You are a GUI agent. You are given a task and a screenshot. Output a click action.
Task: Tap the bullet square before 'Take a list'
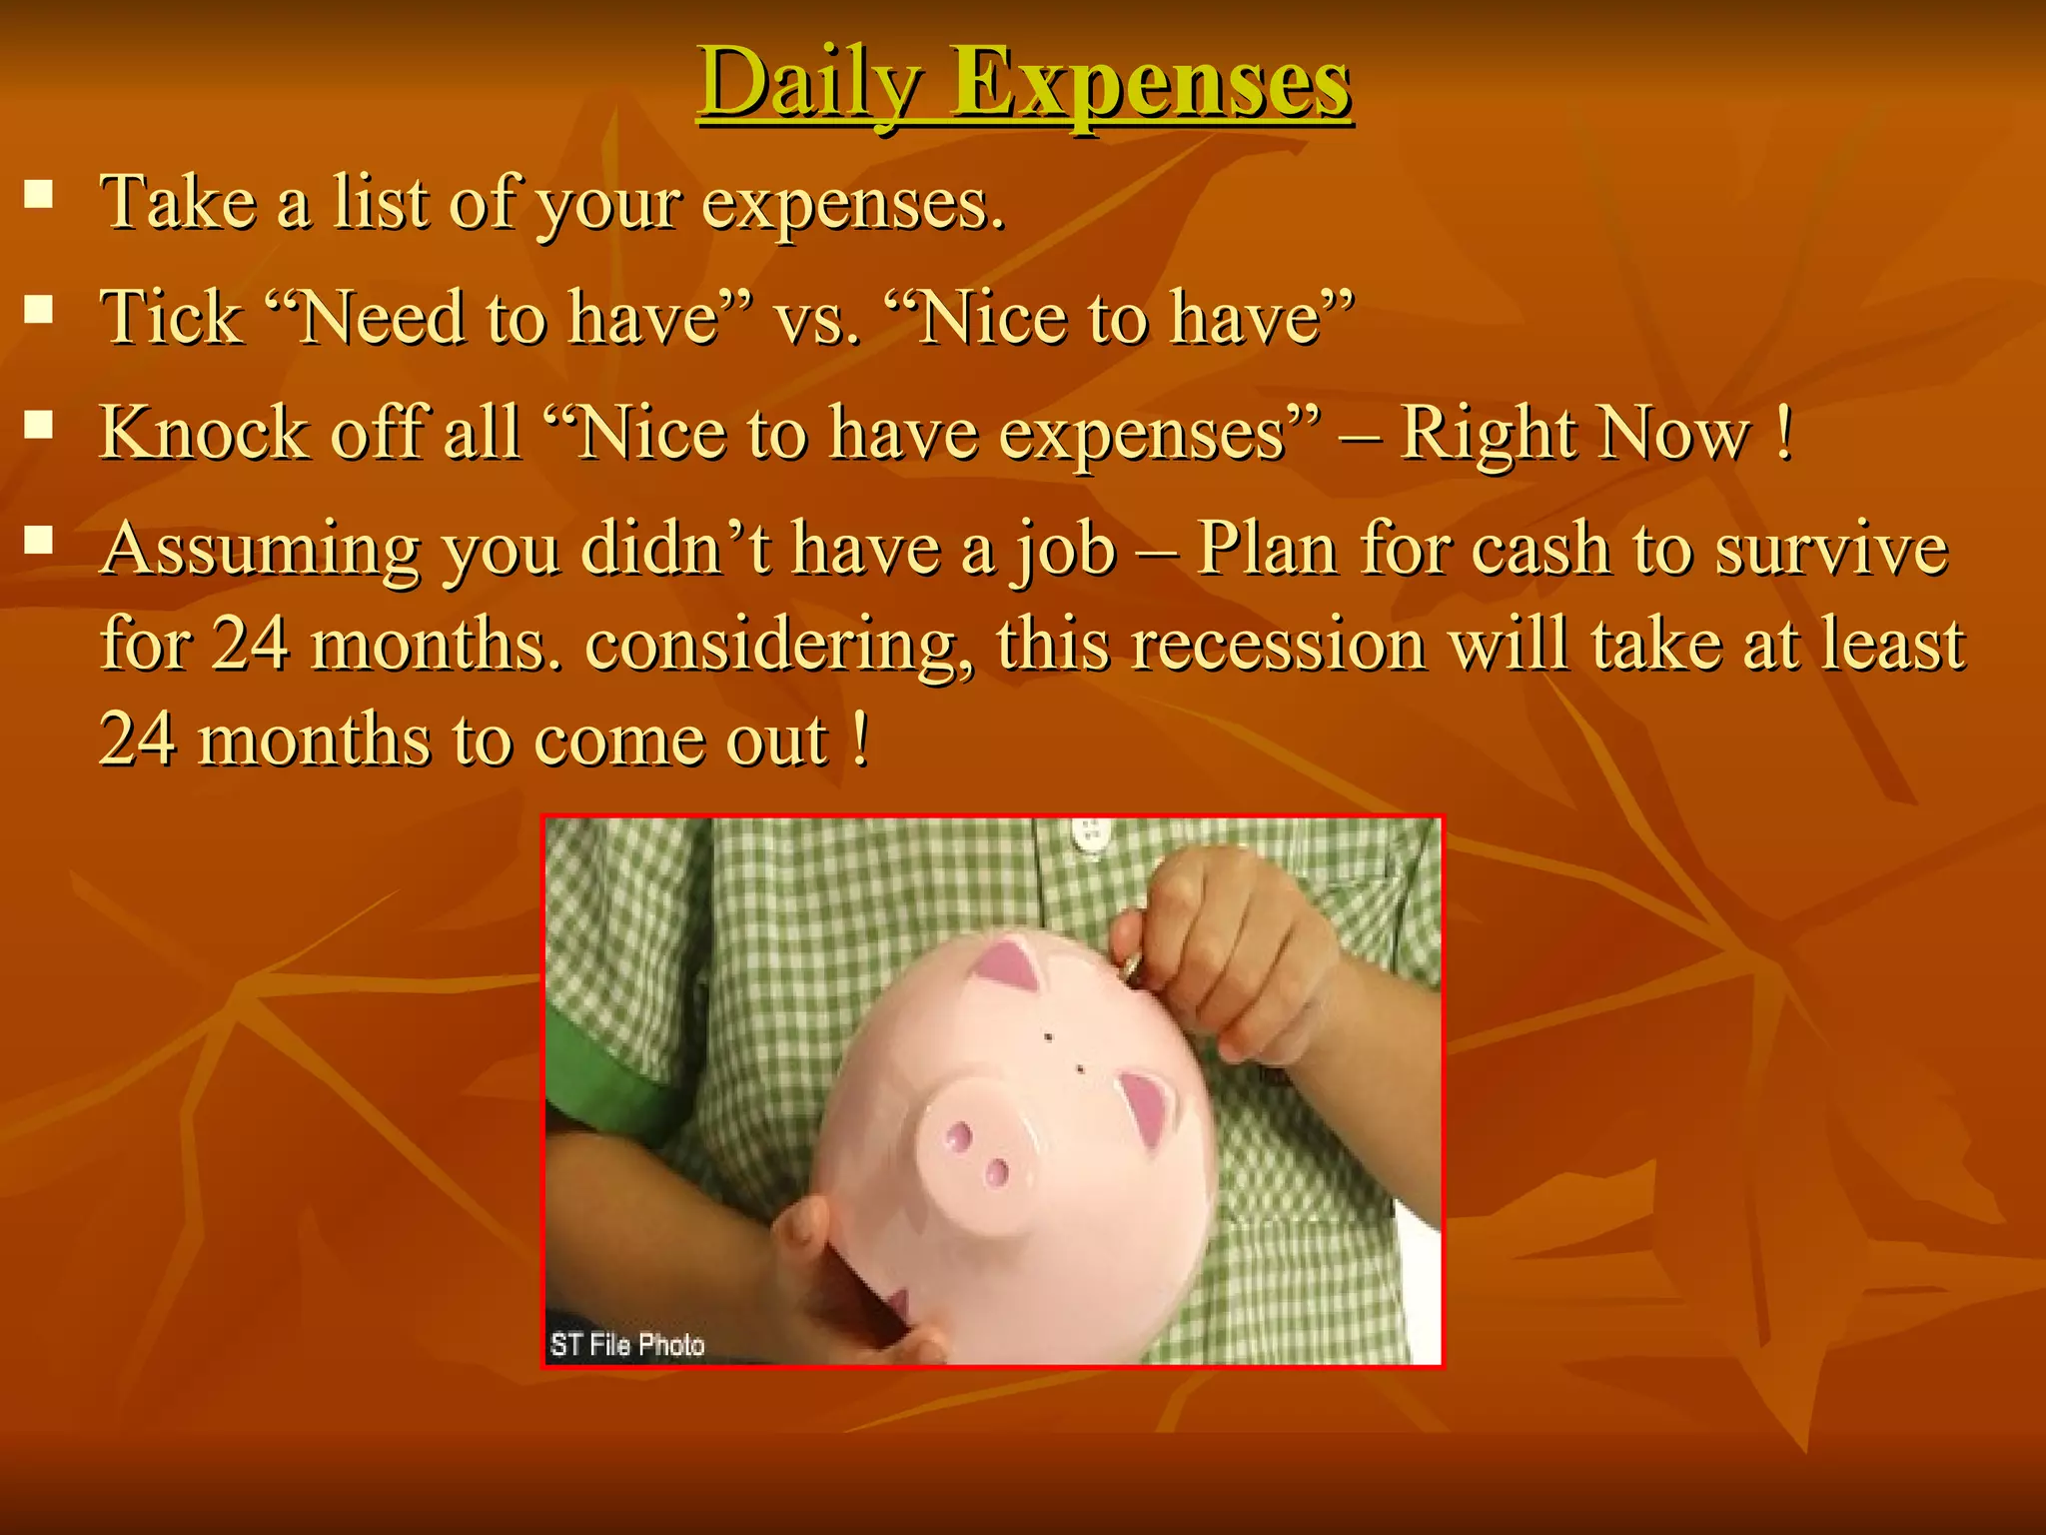(x=39, y=192)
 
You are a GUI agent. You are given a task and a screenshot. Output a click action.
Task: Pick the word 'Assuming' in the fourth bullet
(x=261, y=550)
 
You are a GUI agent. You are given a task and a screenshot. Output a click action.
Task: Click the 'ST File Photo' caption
(x=627, y=1345)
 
